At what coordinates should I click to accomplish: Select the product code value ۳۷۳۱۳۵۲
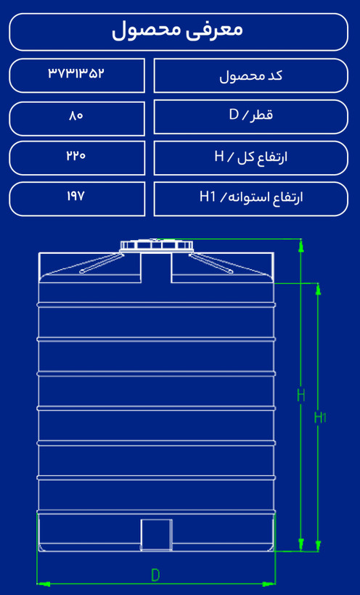[76, 73]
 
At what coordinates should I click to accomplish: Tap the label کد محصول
[251, 76]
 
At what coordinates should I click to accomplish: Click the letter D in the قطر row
[233, 115]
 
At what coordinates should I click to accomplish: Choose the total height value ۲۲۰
[76, 155]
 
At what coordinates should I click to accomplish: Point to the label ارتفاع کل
[263, 157]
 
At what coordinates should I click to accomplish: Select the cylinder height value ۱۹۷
[76, 197]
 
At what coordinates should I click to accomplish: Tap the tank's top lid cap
[156, 245]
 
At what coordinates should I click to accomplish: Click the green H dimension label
[300, 395]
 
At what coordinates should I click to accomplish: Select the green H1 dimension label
[320, 417]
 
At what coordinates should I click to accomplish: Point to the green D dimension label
[155, 575]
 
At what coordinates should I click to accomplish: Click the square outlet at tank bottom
[156, 535]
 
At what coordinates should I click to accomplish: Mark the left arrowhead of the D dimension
[44, 584]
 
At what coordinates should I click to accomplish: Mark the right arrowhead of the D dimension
[269, 584]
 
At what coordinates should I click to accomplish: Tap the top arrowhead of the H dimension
[300, 245]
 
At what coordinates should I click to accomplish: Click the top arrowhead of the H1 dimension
[318, 289]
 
